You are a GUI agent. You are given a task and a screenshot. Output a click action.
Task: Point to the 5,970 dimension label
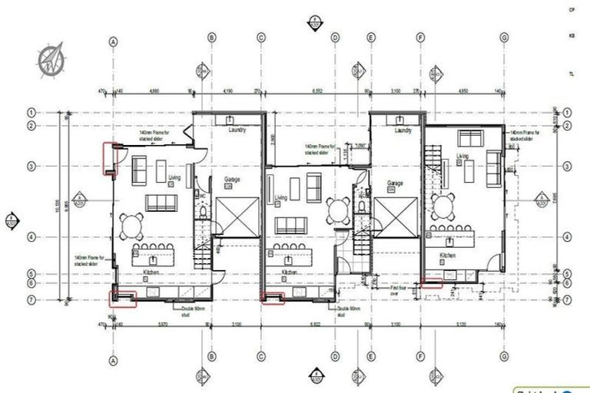162,324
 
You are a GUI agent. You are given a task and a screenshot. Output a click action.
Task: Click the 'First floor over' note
397,291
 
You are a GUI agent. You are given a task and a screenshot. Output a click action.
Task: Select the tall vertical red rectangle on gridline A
109,159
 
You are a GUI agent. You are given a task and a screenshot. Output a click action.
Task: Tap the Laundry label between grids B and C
237,130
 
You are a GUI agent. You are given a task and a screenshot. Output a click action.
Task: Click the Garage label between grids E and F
396,183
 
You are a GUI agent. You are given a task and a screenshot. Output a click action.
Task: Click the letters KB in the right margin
571,36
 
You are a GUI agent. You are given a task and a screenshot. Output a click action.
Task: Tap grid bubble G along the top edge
504,38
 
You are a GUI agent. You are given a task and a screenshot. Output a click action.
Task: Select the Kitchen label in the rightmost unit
448,255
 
